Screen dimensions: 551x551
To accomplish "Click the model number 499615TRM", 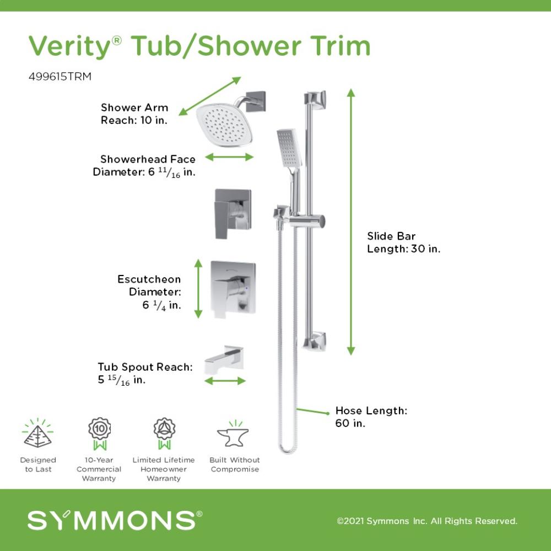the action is click(60, 77).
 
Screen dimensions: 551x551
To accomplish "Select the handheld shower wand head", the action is click(289, 149).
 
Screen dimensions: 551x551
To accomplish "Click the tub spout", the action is click(224, 359).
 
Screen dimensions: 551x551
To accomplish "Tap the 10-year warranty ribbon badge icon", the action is click(99, 434).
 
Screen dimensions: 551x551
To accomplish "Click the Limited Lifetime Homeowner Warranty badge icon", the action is click(164, 434).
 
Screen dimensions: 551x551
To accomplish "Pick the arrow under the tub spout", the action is click(225, 381).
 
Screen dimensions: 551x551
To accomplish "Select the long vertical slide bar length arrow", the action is click(351, 222).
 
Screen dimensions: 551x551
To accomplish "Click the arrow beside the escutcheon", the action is click(198, 289).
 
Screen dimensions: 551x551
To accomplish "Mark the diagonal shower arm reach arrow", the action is click(210, 96).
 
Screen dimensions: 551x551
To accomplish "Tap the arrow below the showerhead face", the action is click(229, 157).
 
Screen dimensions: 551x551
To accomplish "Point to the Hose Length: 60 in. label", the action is click(371, 417).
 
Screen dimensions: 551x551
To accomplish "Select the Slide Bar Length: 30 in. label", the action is click(404, 242).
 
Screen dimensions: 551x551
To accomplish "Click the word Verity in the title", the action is click(70, 46).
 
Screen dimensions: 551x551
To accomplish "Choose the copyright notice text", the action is click(427, 521).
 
